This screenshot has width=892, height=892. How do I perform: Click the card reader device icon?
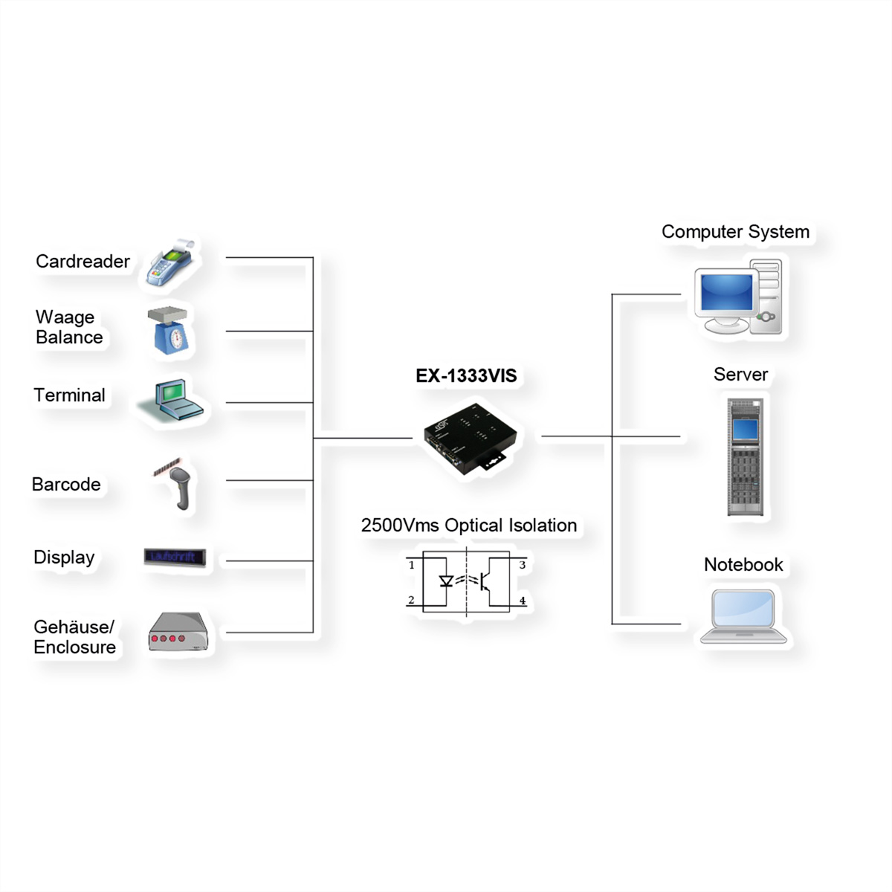coord(171,263)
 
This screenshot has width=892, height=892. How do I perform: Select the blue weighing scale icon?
coord(169,331)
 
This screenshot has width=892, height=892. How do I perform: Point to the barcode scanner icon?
coord(175,483)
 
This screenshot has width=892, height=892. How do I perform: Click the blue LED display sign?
coord(175,557)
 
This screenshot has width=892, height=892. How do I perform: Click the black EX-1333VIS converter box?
coord(469,438)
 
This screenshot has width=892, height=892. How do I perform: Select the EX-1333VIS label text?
coord(466,375)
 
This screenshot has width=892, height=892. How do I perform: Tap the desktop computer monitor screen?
coord(726,293)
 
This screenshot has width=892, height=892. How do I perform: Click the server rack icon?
coord(746,456)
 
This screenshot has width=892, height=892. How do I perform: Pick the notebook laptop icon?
coord(743,616)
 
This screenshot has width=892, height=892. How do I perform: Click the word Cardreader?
coord(83,262)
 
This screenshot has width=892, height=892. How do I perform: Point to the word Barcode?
coord(66,484)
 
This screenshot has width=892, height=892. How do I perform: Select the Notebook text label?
coord(743,564)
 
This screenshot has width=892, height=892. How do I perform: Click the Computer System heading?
coord(736,232)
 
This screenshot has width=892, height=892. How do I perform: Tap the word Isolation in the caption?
coord(543,526)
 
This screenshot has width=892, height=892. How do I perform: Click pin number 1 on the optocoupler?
coord(412,565)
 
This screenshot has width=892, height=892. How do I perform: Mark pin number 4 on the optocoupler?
coord(523,601)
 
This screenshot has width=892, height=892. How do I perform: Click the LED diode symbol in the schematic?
coord(446,581)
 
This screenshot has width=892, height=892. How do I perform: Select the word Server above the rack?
coord(740,375)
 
